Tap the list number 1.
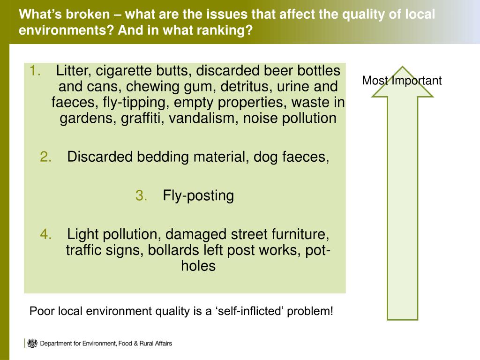[36, 71]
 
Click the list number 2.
[46, 157]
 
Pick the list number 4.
[46, 234]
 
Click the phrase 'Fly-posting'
[198, 195]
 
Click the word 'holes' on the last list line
[198, 266]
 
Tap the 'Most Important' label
[402, 81]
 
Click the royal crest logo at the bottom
[32, 343]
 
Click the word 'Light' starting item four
[82, 234]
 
